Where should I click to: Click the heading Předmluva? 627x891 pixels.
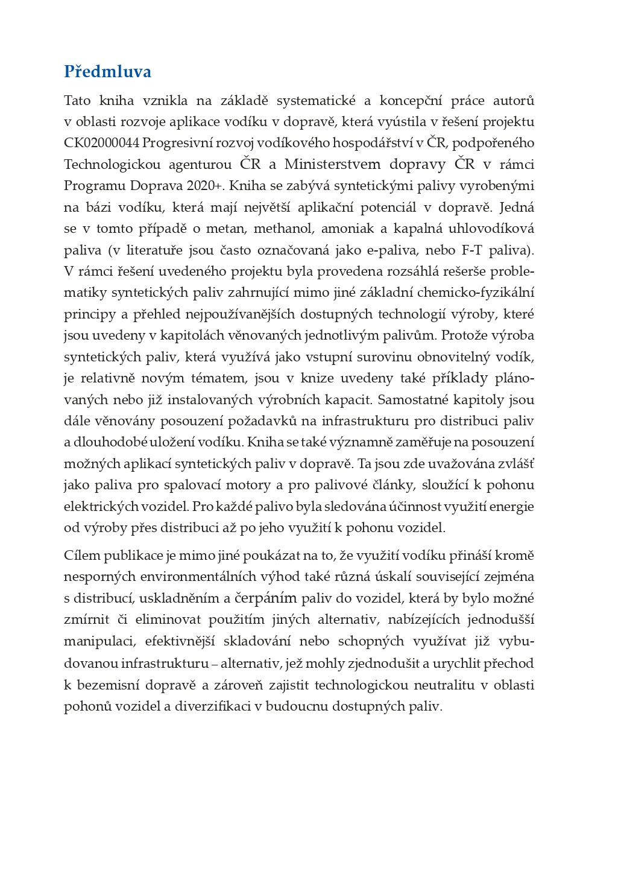107,72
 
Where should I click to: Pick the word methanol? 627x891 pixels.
283,229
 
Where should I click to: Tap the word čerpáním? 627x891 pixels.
266,598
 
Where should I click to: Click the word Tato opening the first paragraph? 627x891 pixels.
77,100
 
